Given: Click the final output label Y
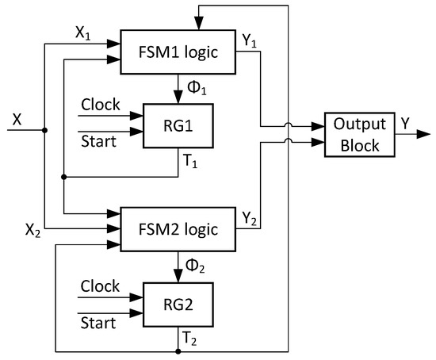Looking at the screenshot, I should [406, 122].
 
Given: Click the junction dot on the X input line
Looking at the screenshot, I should [45, 131].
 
